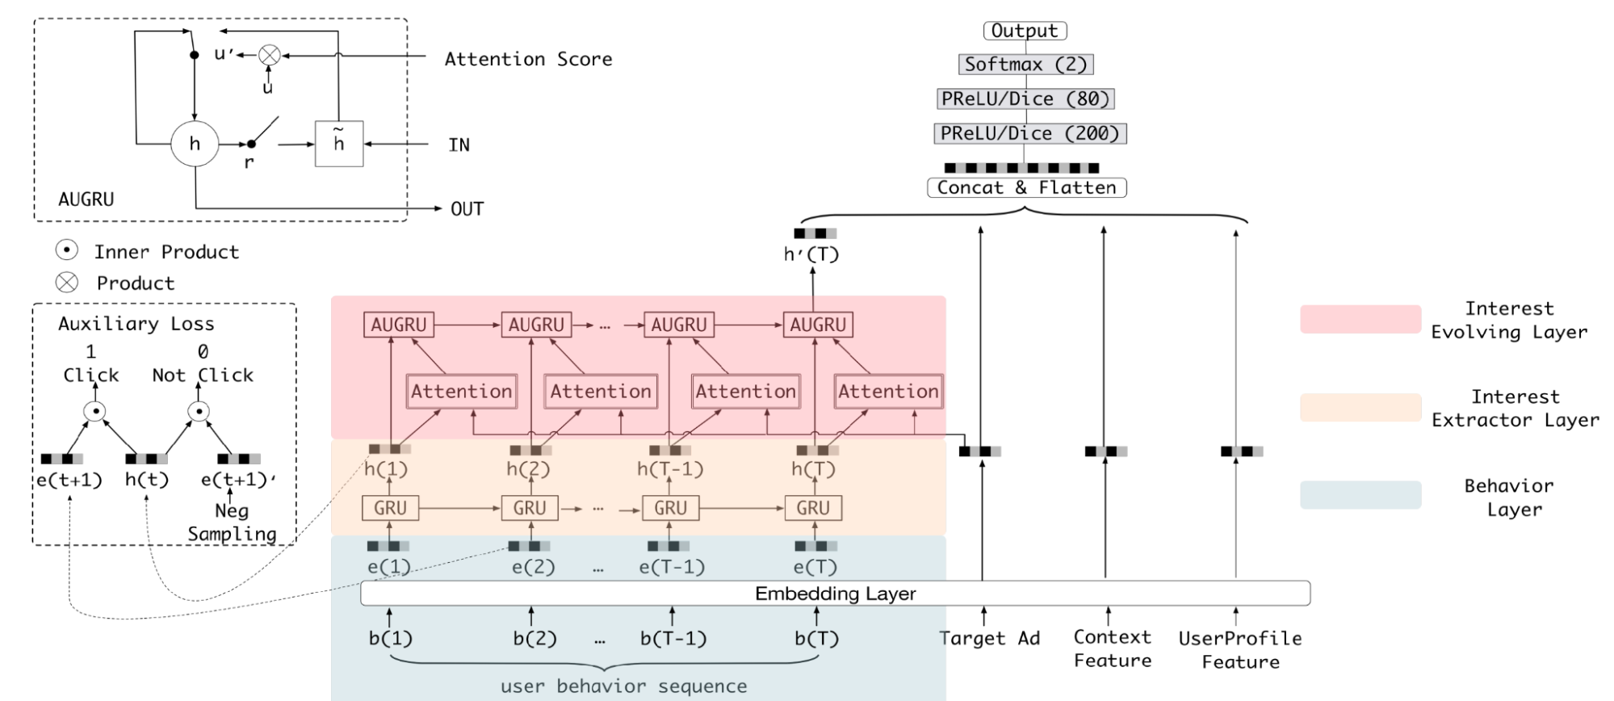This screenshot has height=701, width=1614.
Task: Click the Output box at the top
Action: [1025, 31]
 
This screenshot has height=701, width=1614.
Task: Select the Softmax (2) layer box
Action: [1026, 65]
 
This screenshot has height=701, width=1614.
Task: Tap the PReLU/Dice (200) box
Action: [1029, 133]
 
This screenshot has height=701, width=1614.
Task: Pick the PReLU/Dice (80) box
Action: [1025, 99]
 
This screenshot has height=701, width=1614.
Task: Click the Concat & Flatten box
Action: [1026, 187]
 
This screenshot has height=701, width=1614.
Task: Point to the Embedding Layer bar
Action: [835, 594]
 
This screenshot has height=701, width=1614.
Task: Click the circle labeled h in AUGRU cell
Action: [195, 144]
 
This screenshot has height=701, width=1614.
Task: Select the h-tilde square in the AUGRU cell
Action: [339, 144]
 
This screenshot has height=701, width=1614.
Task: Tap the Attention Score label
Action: [528, 59]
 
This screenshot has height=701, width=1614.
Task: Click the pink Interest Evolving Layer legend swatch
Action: [1360, 319]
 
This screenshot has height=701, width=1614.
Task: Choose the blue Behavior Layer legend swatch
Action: [1360, 495]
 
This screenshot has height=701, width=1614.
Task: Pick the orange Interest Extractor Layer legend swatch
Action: [1360, 407]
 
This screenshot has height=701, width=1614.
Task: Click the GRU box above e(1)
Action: [390, 508]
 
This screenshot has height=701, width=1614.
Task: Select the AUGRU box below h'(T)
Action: [818, 325]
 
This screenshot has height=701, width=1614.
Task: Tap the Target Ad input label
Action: [989, 638]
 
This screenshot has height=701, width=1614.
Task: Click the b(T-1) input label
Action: [673, 639]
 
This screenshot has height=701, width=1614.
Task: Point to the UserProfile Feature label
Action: [1240, 649]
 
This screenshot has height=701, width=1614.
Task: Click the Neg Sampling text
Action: [232, 523]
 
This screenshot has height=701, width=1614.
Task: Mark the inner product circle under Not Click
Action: [199, 412]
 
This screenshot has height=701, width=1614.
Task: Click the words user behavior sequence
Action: [623, 686]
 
